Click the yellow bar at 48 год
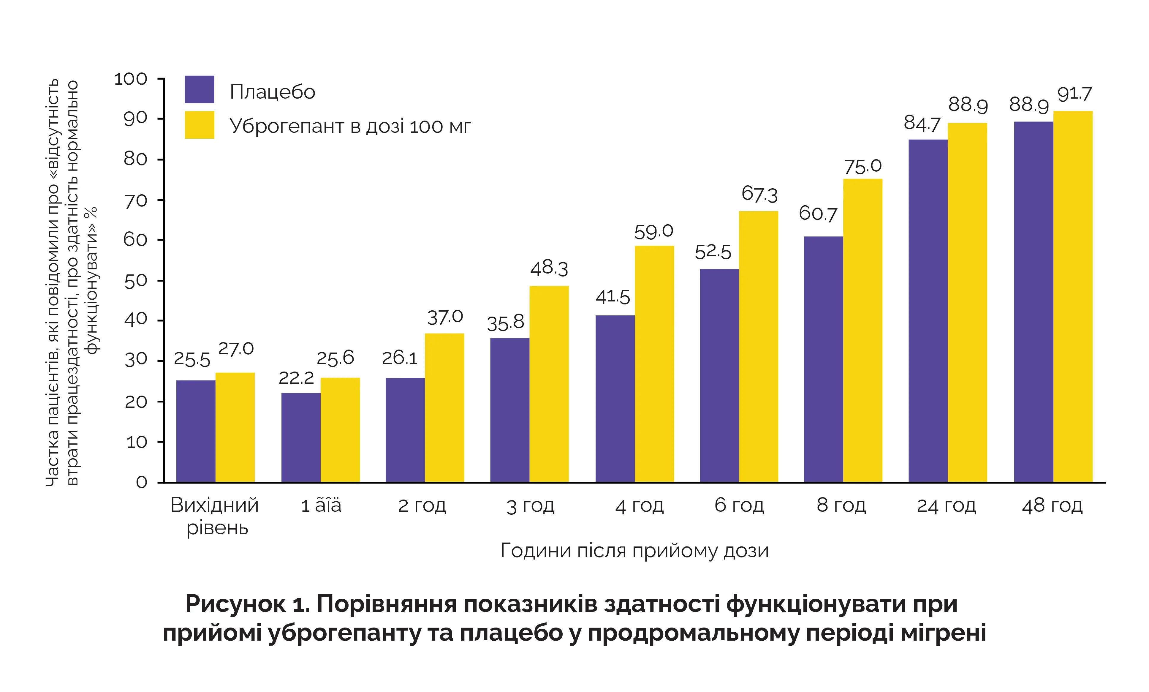click(x=1073, y=297)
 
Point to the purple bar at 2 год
click(x=405, y=430)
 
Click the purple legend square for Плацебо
click(x=200, y=89)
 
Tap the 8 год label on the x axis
click(x=841, y=505)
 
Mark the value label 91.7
click(x=1074, y=94)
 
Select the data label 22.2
click(x=297, y=378)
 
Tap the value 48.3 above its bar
click(x=549, y=268)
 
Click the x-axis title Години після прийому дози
click(x=634, y=551)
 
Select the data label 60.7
click(x=818, y=214)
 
